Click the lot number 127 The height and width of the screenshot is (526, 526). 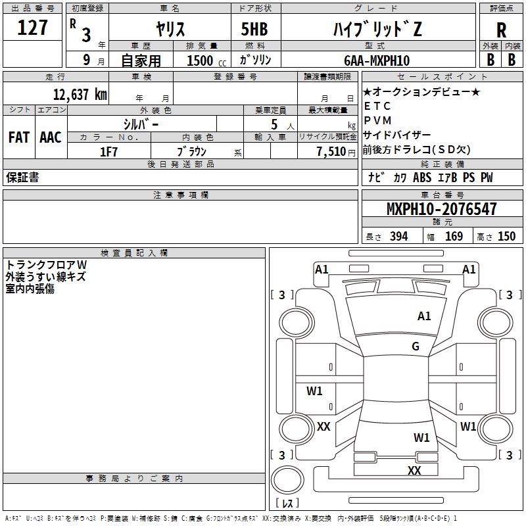pyautogui.click(x=32, y=28)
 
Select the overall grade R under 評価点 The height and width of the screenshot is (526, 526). pyautogui.click(x=501, y=30)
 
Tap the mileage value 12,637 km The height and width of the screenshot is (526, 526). pyautogui.click(x=80, y=94)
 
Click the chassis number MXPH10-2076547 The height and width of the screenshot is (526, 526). pyautogui.click(x=441, y=208)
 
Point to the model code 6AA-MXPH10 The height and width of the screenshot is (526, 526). pyautogui.click(x=377, y=60)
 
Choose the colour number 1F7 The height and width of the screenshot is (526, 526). pyautogui.click(x=108, y=152)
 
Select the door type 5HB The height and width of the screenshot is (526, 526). pyautogui.click(x=254, y=29)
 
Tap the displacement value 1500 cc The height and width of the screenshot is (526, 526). pyautogui.click(x=206, y=60)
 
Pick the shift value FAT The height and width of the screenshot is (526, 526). pyautogui.click(x=19, y=137)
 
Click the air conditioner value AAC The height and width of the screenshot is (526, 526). pyautogui.click(x=51, y=137)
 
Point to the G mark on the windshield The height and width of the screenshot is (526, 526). pyautogui.click(x=416, y=347)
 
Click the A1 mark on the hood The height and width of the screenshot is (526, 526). pyautogui.click(x=424, y=316)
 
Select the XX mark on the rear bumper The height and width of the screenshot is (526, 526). pyautogui.click(x=414, y=470)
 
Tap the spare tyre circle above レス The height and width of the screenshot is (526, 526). pyautogui.click(x=287, y=480)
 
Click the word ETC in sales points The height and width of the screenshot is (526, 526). pyautogui.click(x=377, y=106)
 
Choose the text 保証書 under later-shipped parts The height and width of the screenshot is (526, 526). pyautogui.click(x=22, y=178)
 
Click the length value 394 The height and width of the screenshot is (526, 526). pyautogui.click(x=399, y=236)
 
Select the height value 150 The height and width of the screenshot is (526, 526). pyautogui.click(x=506, y=236)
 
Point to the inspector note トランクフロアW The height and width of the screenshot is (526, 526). pyautogui.click(x=46, y=265)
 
